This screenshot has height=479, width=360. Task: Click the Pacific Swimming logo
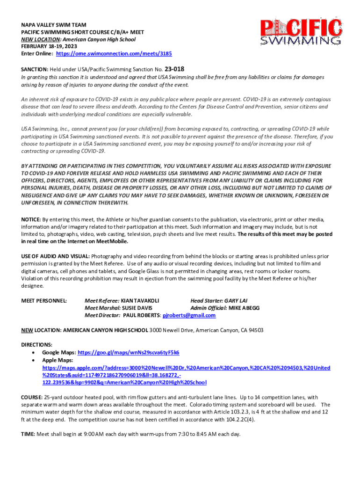tap(301, 33)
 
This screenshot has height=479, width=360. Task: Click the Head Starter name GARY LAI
tap(234, 300)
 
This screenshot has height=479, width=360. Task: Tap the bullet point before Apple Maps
tap(33, 360)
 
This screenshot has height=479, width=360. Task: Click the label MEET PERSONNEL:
tap(44, 300)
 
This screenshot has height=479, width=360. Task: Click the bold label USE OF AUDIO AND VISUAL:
tap(56, 256)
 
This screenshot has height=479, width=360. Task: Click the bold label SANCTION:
tap(35, 70)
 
